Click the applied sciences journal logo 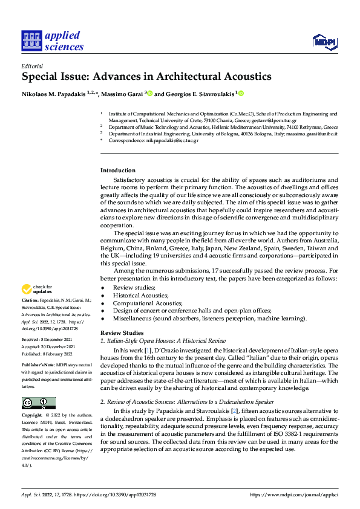52,41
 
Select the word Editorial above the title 32,66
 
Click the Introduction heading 117,170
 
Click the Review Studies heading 122,332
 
